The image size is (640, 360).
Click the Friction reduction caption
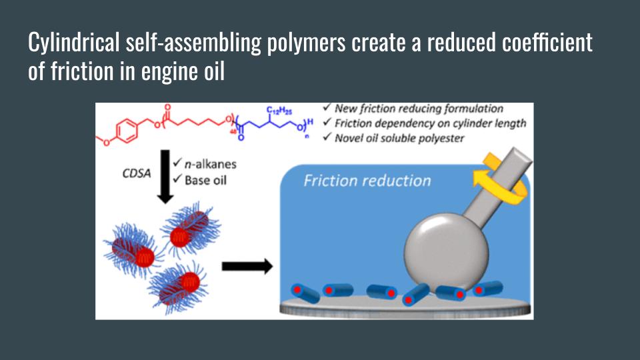(x=367, y=181)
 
